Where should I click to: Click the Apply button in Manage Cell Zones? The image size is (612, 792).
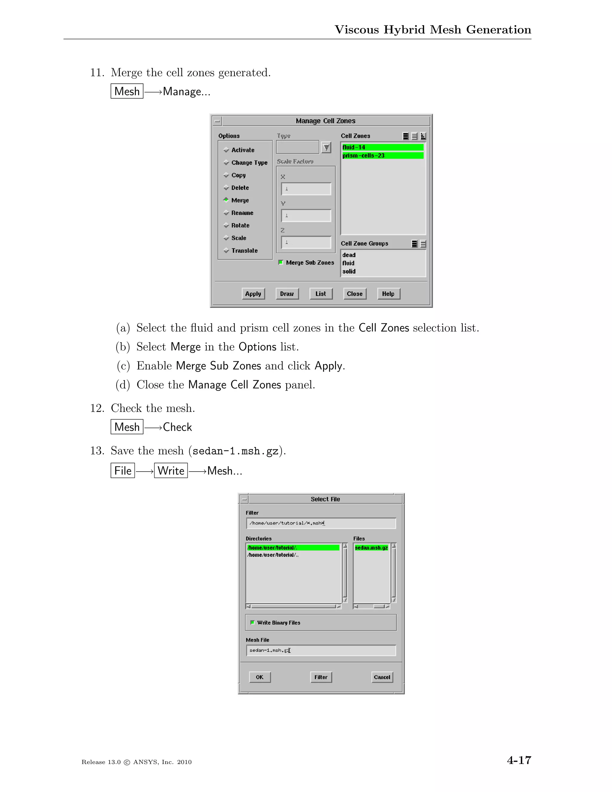coord(253,294)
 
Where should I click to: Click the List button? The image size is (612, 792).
coord(321,294)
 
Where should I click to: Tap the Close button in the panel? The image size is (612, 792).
coord(354,294)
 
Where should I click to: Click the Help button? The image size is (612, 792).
coord(388,294)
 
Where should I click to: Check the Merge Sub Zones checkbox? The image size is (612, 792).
coord(281,262)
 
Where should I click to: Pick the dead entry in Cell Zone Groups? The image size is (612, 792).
coord(349,255)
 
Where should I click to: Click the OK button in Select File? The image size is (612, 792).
coord(260,677)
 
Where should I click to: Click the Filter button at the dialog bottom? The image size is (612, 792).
coord(321,677)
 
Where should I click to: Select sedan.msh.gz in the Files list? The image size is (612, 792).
coord(371,548)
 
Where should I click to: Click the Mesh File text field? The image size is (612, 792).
coord(321,650)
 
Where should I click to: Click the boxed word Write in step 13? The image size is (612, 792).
coord(171,471)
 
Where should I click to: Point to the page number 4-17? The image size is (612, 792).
coord(519,760)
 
